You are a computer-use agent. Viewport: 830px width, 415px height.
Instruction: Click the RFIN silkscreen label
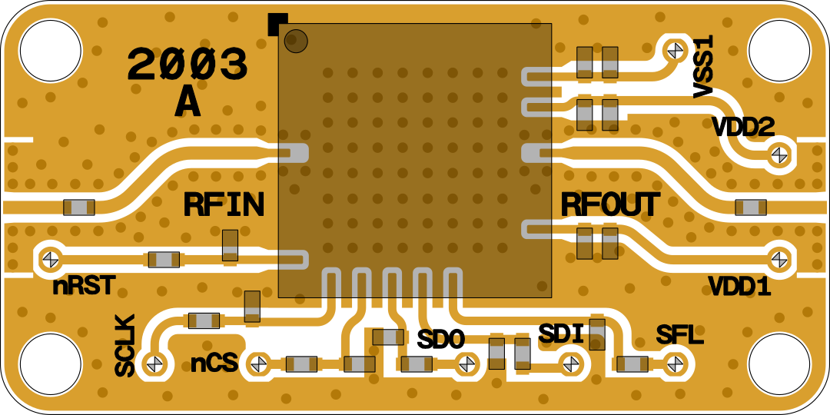point(224,205)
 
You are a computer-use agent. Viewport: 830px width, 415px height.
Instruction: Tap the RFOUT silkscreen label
point(609,205)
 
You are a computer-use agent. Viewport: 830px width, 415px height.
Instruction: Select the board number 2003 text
point(188,65)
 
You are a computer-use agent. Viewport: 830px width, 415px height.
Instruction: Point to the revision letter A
point(188,103)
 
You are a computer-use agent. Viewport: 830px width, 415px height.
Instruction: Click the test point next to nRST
point(51,259)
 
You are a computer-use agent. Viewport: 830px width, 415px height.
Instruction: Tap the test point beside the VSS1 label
point(676,51)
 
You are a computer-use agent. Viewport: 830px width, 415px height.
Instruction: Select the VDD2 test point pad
point(779,154)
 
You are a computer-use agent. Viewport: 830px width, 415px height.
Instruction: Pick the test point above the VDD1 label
point(779,259)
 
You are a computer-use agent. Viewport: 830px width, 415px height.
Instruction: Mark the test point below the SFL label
point(676,364)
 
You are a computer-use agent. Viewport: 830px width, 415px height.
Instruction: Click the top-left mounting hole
point(51,51)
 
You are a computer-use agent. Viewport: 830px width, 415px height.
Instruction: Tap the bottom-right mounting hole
point(779,364)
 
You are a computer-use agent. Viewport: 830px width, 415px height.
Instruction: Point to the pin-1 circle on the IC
point(296,41)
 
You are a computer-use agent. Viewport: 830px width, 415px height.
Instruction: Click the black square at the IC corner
point(277,24)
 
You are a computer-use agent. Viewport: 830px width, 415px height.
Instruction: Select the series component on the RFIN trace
point(79,207)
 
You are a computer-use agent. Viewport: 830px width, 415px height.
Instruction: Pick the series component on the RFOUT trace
point(751,207)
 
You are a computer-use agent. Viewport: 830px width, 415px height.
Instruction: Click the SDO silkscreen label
point(441,339)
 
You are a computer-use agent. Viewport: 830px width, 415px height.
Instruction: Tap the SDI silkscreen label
point(561,334)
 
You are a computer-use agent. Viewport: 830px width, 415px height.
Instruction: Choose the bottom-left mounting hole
point(51,364)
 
